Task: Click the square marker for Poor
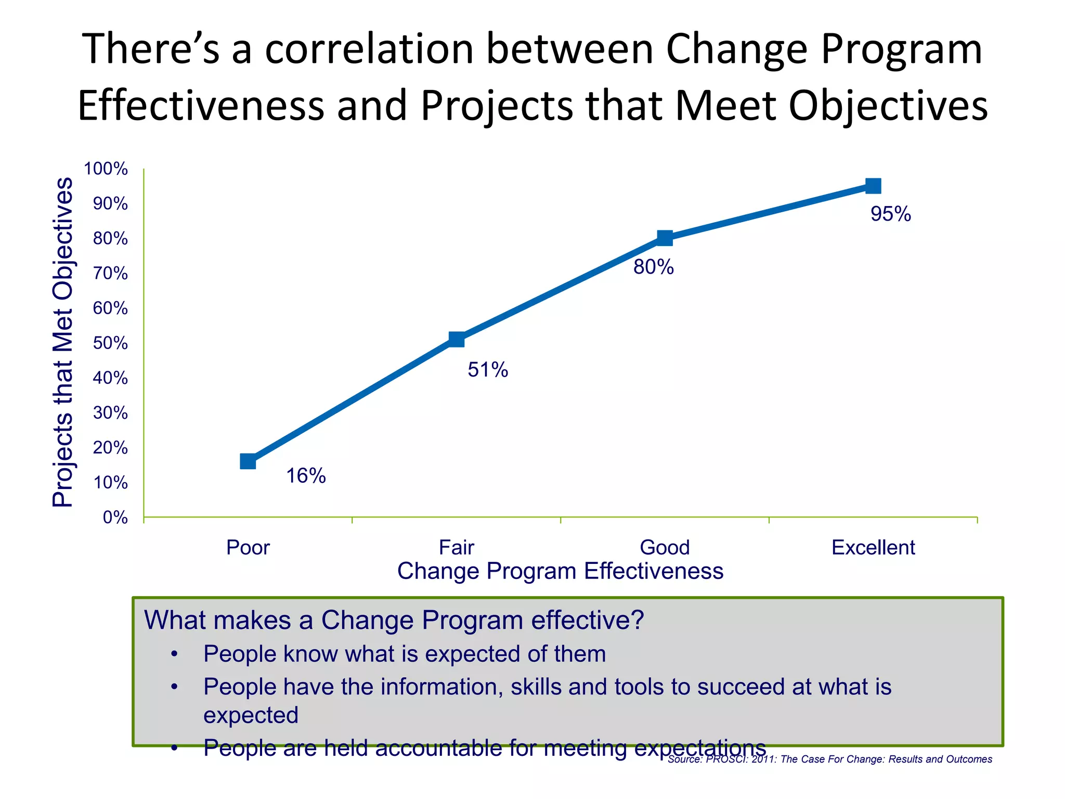click(248, 461)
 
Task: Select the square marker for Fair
click(457, 340)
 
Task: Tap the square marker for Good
click(665, 238)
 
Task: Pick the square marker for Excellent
click(873, 186)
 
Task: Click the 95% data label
click(891, 214)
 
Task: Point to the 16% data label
click(306, 475)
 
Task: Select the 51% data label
click(488, 370)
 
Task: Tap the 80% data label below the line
click(653, 267)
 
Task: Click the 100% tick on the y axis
click(106, 169)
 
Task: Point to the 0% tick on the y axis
click(115, 518)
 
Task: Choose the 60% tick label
click(110, 308)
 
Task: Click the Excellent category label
click(873, 548)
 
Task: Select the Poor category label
click(248, 548)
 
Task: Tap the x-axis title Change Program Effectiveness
click(560, 571)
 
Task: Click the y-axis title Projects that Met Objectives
click(63, 342)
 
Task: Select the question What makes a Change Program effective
click(394, 620)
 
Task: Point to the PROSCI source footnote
click(829, 759)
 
